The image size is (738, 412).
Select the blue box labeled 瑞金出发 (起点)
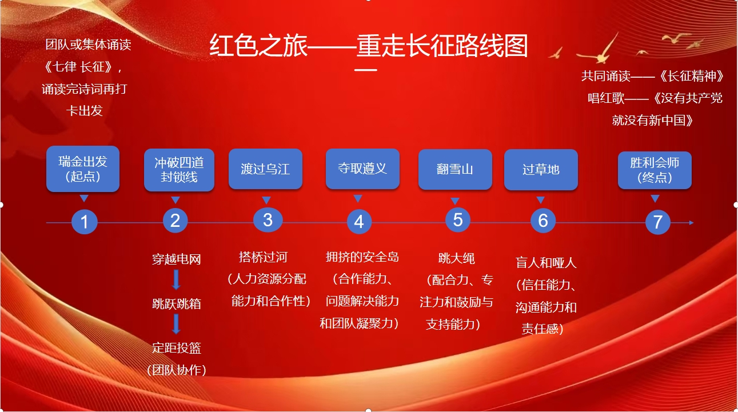click(83, 169)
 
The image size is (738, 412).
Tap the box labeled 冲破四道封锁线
click(179, 170)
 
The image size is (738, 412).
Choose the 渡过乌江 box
click(265, 169)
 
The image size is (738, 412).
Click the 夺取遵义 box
click(362, 169)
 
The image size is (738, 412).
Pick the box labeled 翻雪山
click(455, 169)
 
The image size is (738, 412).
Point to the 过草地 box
click(541, 170)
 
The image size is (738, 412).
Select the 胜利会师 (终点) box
click(655, 170)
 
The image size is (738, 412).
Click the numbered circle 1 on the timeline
click(85, 222)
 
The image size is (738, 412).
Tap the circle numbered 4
click(359, 222)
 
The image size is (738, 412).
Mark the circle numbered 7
click(657, 222)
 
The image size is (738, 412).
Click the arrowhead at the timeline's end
click(691, 223)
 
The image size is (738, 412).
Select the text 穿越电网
click(176, 259)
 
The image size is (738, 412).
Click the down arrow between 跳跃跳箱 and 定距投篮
click(176, 324)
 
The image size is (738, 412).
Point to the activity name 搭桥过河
click(263, 257)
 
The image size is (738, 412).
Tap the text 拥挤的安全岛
click(362, 257)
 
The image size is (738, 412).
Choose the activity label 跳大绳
click(456, 258)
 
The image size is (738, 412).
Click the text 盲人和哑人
click(546, 263)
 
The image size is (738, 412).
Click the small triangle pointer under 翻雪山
click(455, 201)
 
